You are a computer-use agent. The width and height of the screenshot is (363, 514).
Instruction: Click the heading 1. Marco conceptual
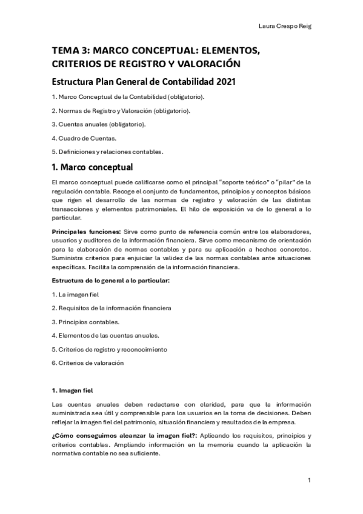pos(92,167)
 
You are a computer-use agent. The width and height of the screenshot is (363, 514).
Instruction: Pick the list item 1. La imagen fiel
pos(75,295)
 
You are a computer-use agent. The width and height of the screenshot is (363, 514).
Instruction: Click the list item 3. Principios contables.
pos(85,322)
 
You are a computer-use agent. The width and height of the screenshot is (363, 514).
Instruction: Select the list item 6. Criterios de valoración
pos(87,363)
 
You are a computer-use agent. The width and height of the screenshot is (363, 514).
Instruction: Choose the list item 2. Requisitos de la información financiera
pos(112,308)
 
